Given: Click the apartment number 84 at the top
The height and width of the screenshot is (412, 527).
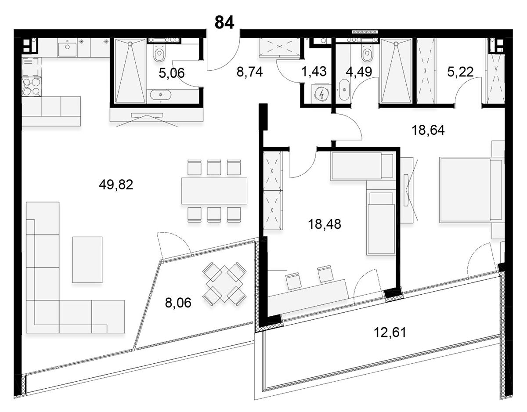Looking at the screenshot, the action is coord(224,22).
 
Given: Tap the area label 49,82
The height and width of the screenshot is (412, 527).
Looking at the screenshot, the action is coord(116,185).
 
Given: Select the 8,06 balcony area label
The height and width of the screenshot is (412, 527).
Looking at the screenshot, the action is coord(178,303).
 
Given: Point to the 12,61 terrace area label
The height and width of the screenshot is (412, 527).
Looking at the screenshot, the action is coord(390,332).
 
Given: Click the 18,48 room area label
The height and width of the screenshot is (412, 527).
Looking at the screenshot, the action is coord(325,224).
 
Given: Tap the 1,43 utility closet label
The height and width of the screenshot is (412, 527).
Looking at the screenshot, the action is coord(314,72).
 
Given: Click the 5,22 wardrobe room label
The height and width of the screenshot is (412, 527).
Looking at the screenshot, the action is coord(460,72).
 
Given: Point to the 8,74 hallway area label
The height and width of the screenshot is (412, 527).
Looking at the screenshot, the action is coord(249,72).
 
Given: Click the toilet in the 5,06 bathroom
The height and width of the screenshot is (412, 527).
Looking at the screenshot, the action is coord(159,54).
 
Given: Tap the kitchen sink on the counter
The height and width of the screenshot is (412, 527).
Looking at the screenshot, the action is coord(67,48).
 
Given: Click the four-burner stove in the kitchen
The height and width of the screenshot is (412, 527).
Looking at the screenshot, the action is coord(32,87).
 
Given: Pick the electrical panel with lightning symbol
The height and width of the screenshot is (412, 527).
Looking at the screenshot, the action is coord(321,94).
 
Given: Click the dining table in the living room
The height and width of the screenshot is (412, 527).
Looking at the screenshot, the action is coord(214,191).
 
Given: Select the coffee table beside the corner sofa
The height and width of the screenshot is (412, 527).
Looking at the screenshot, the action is coord(87,260).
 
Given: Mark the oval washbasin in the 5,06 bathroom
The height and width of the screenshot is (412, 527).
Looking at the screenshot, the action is coord(160,94).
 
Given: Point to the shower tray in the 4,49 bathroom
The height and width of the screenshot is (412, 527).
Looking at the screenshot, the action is coord(396,72).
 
